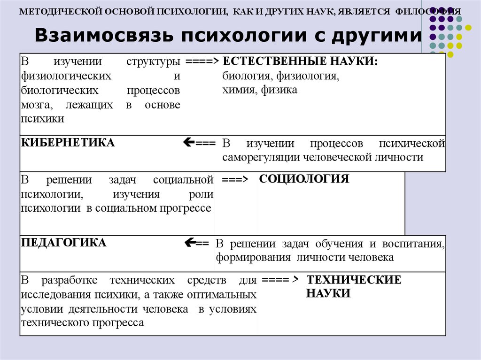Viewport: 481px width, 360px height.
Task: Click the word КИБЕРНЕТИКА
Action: click(68, 143)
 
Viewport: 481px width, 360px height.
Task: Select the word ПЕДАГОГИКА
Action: click(63, 243)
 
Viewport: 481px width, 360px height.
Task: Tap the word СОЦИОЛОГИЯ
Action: click(304, 179)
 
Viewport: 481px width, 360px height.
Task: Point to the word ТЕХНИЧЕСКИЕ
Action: click(354, 280)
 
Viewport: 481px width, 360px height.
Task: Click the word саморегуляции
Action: click(262, 157)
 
